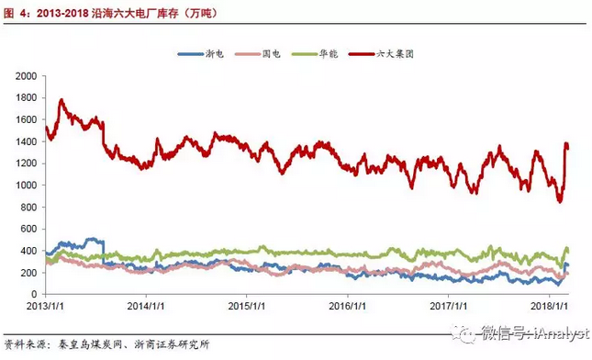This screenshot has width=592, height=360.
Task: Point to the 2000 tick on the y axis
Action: (x=28, y=75)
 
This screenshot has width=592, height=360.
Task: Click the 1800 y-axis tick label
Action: (x=28, y=97)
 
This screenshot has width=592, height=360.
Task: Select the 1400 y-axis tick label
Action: (x=28, y=141)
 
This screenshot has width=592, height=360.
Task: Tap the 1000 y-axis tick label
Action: (x=28, y=186)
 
